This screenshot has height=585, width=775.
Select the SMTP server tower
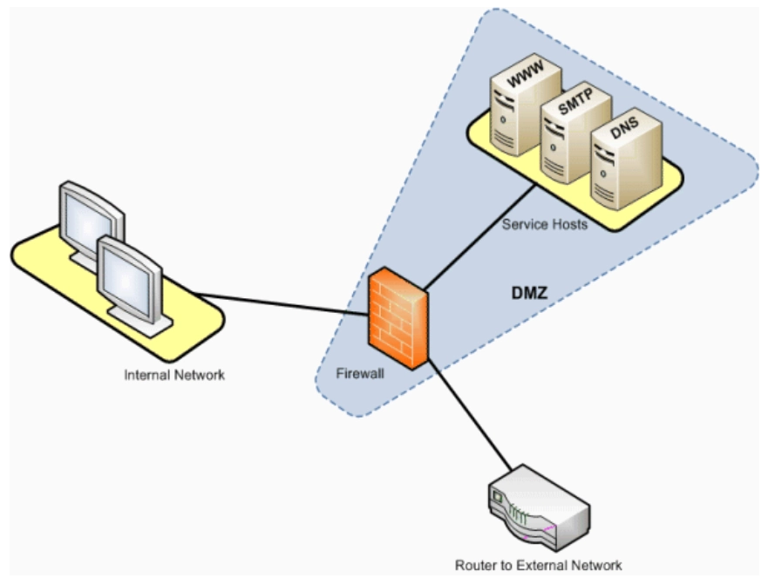pos(575,133)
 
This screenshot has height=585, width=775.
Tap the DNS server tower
pos(626,160)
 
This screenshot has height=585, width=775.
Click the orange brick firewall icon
pos(398,318)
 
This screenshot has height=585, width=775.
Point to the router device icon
pos(539,508)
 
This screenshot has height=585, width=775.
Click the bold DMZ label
pos(529,293)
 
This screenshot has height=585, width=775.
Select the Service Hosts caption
pos(545,225)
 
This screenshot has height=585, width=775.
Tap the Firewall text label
pos(360,373)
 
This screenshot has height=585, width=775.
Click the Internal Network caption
pos(174,375)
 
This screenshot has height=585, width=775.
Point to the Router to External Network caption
pos(538,565)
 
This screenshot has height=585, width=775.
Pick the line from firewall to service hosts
pos(480,236)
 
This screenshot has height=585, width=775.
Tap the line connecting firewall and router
pos(469,415)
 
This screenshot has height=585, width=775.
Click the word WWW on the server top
pos(526,74)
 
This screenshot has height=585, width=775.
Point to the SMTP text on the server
pos(575,101)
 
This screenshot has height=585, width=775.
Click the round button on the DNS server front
pos(602,173)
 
